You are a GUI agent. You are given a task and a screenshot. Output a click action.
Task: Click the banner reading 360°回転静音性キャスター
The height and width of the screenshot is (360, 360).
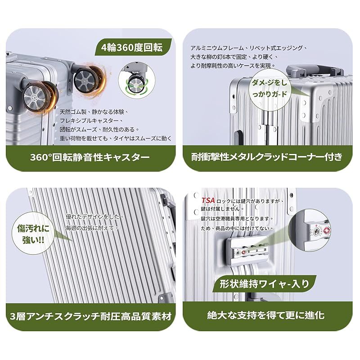pyautogui.click(x=90, y=157)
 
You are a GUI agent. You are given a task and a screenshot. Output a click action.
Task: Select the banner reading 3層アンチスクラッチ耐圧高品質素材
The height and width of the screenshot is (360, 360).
pyautogui.click(x=90, y=315)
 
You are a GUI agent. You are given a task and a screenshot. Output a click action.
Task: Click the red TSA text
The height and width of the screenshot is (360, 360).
pyautogui.click(x=208, y=200)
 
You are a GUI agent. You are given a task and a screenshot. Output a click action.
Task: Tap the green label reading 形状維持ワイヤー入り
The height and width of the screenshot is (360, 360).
pyautogui.click(x=265, y=283)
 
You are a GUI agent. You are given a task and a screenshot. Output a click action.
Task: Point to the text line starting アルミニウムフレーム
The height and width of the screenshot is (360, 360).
pyautogui.click(x=248, y=47)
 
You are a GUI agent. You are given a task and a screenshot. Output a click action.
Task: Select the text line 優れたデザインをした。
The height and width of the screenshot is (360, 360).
pyautogui.click(x=94, y=216)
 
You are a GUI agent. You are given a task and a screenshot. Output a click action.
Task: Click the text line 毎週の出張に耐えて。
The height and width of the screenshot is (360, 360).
pyautogui.click(x=92, y=228)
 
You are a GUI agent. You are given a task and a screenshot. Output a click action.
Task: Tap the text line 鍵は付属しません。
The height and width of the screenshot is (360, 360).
pyautogui.click(x=223, y=209)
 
